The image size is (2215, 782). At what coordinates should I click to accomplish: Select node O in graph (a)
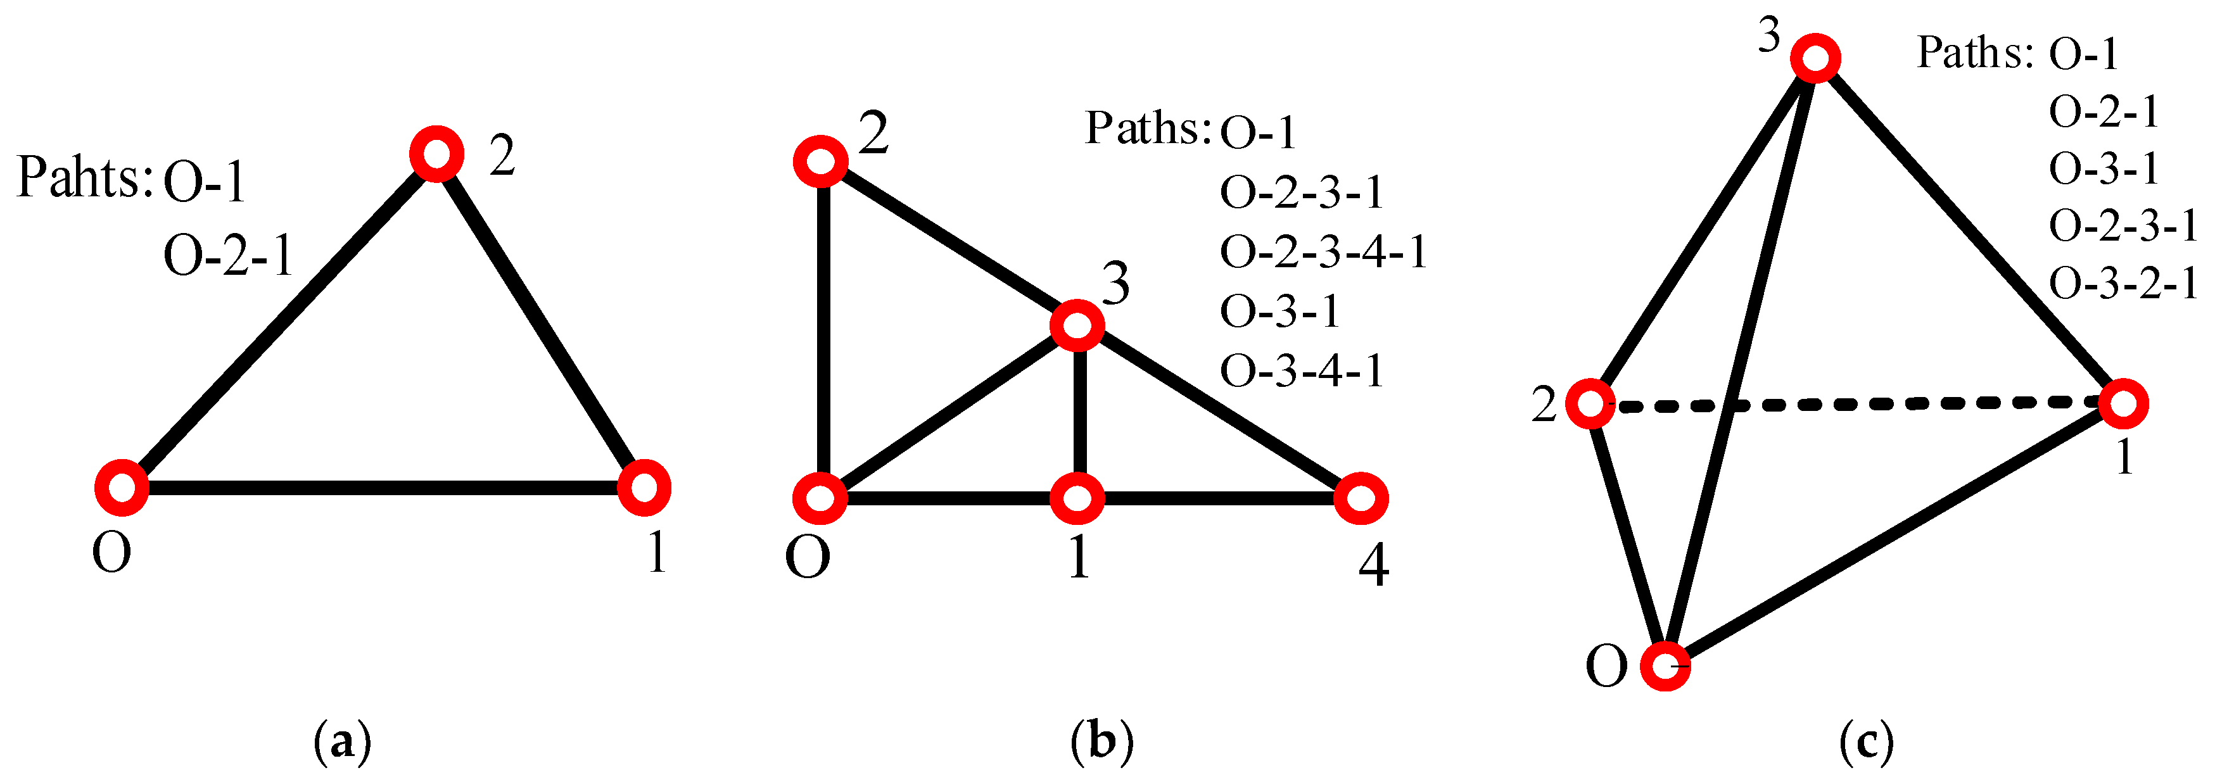121,488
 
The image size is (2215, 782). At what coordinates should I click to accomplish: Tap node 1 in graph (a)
644,488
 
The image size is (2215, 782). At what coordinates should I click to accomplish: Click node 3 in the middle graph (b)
1077,325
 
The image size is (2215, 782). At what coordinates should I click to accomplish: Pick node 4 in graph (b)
1361,498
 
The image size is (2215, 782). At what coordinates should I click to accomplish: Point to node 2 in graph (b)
821,161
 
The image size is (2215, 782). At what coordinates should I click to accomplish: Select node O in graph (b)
821,498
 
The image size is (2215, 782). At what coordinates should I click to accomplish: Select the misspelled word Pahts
84,178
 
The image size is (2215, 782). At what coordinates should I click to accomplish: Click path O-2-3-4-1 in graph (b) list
1323,253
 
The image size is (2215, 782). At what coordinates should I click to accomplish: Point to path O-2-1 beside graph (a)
228,256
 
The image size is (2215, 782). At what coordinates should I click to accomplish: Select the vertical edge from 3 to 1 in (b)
1079,412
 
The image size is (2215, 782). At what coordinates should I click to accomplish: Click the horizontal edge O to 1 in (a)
383,488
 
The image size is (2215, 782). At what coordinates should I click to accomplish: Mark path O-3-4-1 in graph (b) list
1301,371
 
